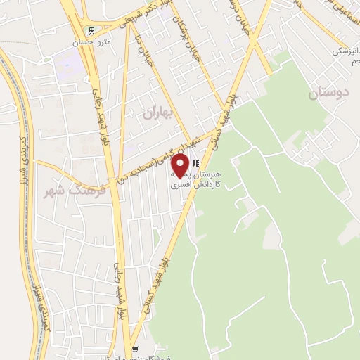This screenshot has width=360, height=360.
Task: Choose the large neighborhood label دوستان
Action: [329, 92]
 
